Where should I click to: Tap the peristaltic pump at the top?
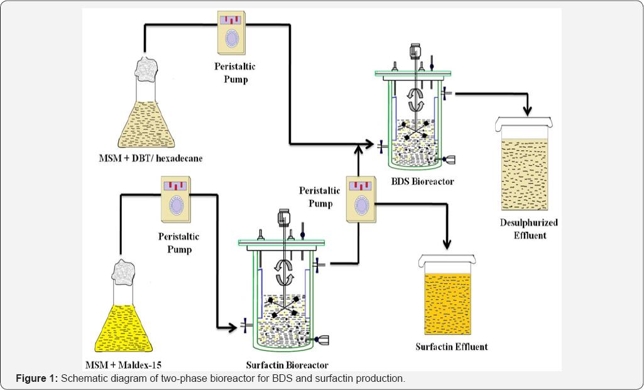pos(232,33)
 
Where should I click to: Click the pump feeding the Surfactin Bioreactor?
pos(176,200)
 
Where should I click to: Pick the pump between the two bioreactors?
pos(361,200)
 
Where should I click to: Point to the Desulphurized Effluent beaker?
pos(524,164)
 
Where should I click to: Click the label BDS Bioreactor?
pos(423,181)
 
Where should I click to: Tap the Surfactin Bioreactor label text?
pos(287,365)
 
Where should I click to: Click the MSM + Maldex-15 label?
pos(123,365)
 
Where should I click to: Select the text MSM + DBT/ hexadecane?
pos(151,158)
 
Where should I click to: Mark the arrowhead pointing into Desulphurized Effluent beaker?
pos(528,111)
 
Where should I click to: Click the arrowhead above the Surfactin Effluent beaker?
pos(447,244)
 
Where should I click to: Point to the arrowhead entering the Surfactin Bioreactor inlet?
pos(232,327)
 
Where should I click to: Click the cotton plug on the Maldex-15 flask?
pos(123,272)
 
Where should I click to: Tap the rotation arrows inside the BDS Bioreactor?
pos(416,100)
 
